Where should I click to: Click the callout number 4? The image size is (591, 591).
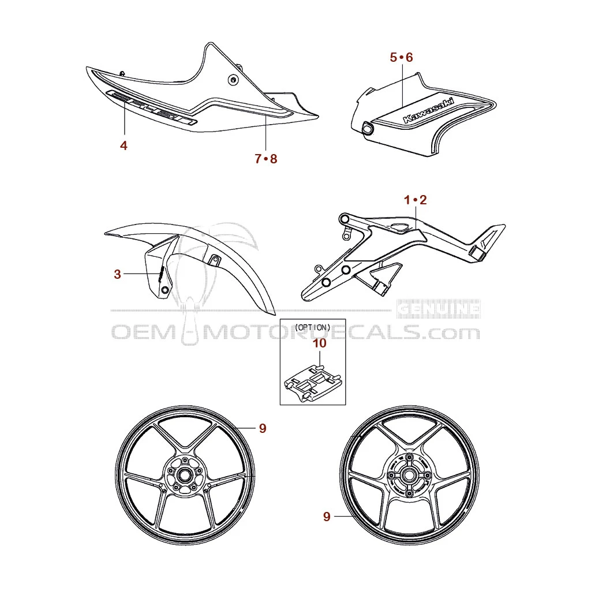[124, 145]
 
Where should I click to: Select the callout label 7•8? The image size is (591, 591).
[265, 159]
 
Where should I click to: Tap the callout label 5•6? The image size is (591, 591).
[401, 57]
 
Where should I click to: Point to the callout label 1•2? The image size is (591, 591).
[416, 200]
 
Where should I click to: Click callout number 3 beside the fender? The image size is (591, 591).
[117, 275]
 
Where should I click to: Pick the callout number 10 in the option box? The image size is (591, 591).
[319, 343]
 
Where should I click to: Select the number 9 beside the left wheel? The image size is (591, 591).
[262, 428]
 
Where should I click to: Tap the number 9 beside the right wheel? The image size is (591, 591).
[327, 517]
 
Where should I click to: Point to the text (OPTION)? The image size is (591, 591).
[312, 327]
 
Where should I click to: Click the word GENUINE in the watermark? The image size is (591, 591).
[439, 310]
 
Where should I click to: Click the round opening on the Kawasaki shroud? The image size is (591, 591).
[366, 129]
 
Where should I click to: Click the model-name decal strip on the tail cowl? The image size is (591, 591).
[151, 108]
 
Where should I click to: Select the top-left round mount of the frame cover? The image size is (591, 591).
[345, 219]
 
